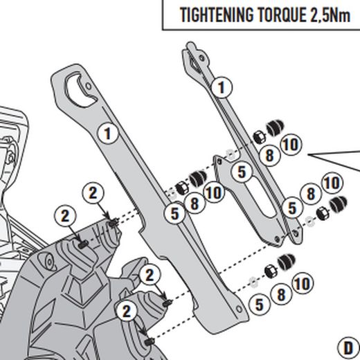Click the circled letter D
[348, 348]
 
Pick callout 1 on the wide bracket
[108, 134]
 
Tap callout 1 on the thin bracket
[222, 87]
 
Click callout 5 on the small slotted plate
[242, 172]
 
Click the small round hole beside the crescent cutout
[89, 87]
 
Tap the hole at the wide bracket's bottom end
[239, 309]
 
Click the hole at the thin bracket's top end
[201, 57]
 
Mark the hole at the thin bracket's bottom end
[296, 233]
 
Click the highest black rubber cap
[275, 127]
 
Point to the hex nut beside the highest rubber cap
[259, 136]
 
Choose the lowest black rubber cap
[286, 262]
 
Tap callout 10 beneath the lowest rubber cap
[303, 283]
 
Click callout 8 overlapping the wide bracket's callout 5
[195, 204]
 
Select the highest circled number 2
[93, 192]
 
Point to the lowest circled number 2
[127, 312]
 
